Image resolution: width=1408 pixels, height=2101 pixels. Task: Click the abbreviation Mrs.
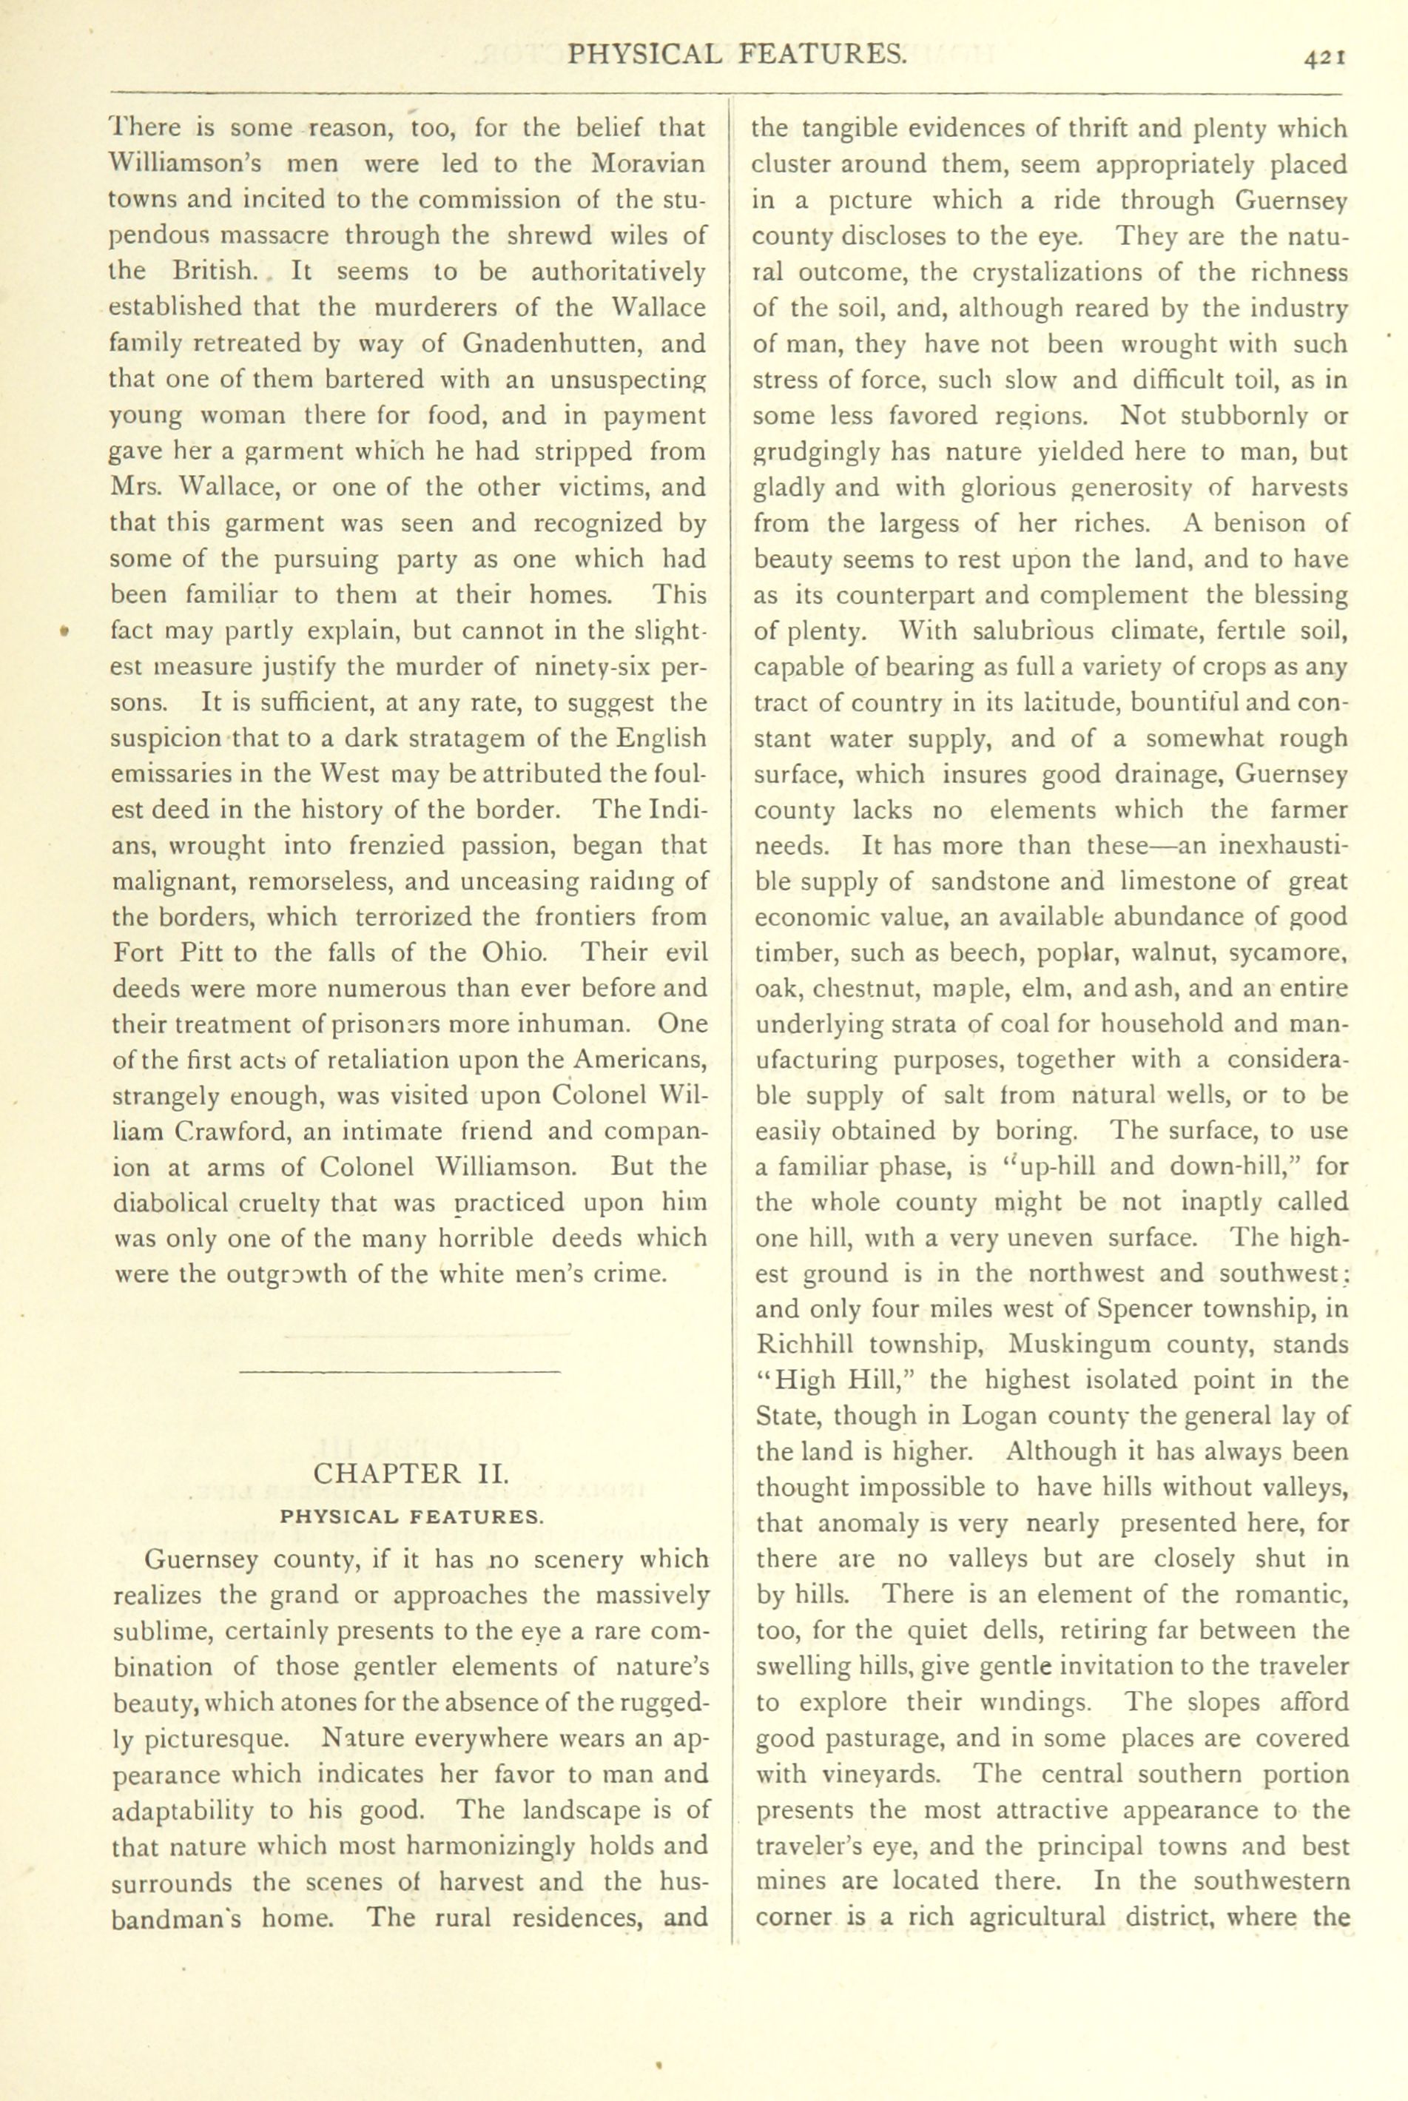point(135,488)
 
